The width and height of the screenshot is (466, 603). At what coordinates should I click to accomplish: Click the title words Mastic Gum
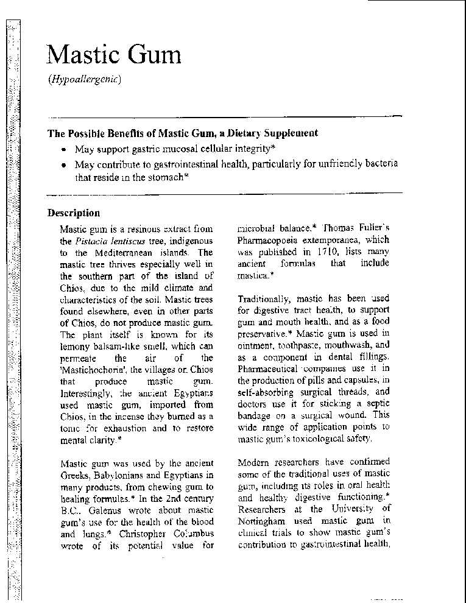point(114,55)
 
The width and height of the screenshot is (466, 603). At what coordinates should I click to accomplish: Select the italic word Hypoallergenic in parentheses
point(85,80)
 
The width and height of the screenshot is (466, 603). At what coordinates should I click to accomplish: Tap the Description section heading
point(74,213)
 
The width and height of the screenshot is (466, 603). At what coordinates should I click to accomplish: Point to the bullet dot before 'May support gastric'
point(63,149)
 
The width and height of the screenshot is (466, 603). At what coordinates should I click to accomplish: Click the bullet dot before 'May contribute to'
point(63,164)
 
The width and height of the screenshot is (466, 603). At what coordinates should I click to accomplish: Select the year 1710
point(327,252)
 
